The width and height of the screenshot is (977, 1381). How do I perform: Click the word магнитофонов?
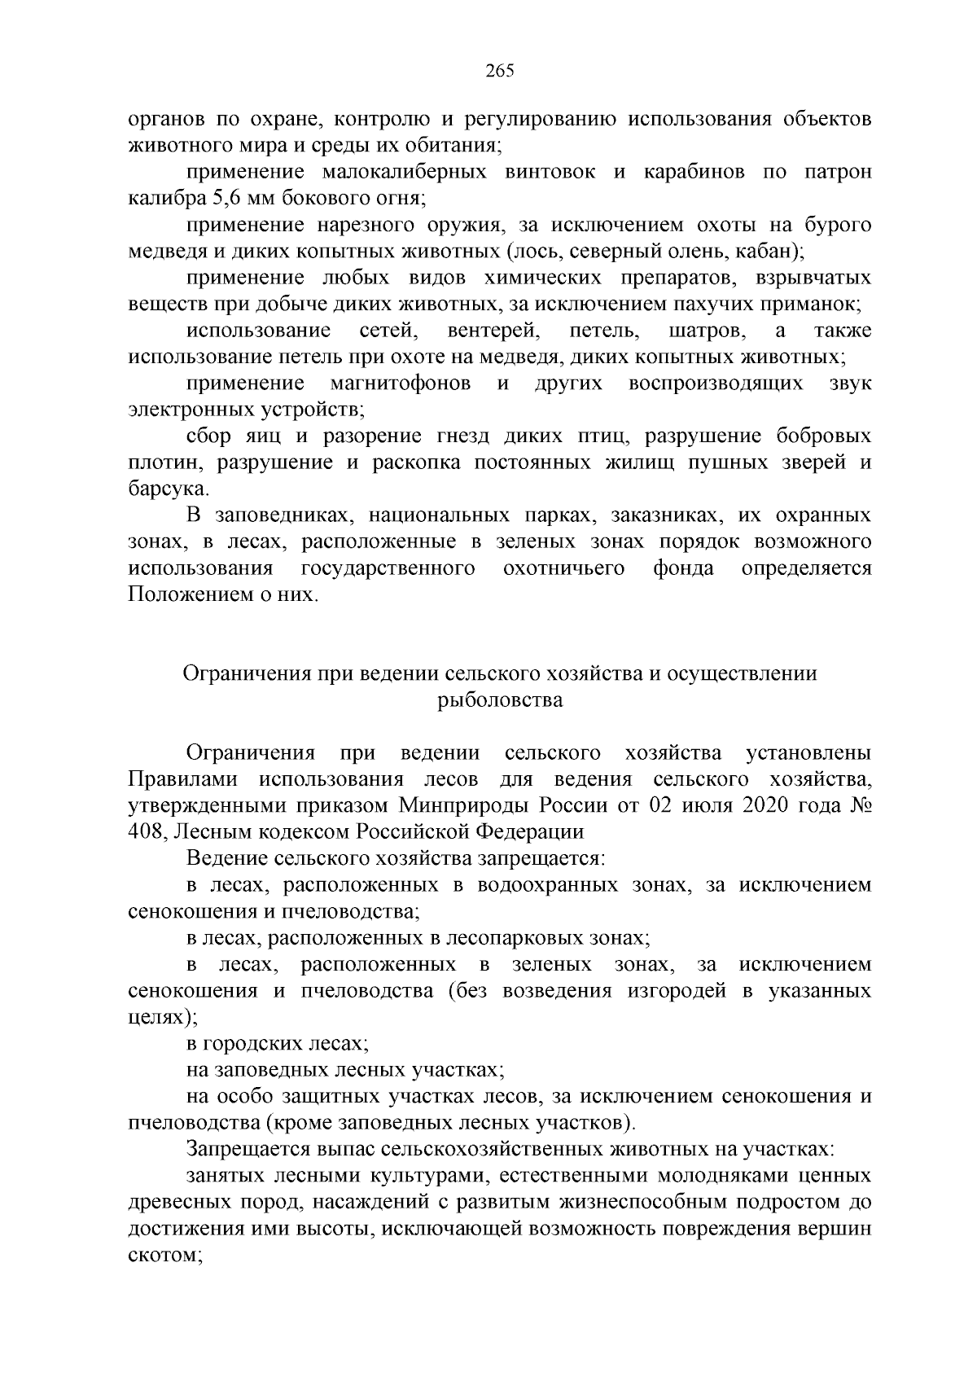401,384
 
